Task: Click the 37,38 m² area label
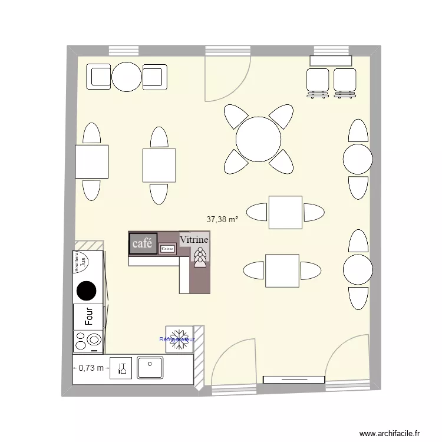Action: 222,219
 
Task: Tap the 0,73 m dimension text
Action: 91,368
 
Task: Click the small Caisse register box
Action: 168,249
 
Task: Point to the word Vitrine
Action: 194,240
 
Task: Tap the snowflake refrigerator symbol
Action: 179,339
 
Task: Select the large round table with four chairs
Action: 258,140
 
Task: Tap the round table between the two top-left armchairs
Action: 127,77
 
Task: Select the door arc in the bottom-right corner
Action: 348,357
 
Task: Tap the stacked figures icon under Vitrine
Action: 200,257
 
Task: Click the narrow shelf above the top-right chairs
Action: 331,60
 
